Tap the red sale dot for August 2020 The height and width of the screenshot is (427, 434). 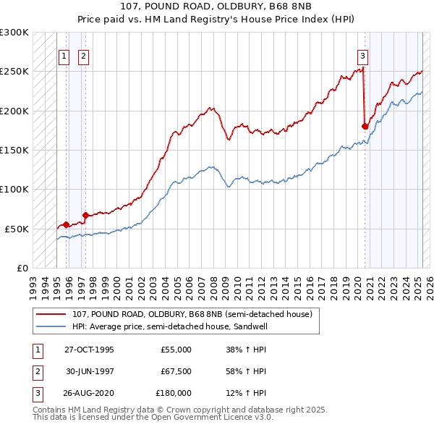[x=365, y=126]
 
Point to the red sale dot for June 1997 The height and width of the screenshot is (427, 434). [x=85, y=214]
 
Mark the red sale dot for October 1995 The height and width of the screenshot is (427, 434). [x=66, y=224]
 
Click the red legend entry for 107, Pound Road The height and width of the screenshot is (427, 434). [x=192, y=314]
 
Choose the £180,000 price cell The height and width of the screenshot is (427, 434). [x=174, y=393]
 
